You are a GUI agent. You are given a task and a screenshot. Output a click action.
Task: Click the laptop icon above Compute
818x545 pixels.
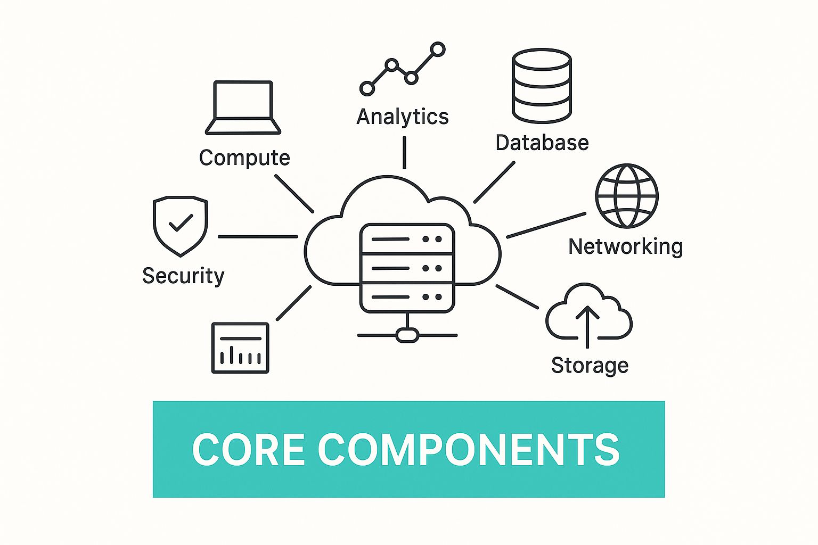243,107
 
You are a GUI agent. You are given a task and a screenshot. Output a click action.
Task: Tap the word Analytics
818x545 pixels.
403,117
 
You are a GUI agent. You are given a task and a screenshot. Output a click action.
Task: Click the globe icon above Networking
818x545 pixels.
627,196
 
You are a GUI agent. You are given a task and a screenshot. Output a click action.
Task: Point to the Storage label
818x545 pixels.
590,366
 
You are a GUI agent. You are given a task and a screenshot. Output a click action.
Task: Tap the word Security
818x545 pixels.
183,276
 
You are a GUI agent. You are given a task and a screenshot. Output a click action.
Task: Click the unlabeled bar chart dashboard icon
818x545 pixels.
240,348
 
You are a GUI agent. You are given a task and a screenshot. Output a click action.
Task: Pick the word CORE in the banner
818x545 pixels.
248,450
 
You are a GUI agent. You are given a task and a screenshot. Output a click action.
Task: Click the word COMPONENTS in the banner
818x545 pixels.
469,450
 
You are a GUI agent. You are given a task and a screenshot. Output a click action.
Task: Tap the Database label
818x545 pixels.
542,143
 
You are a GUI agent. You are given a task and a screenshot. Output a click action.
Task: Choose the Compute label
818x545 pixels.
244,158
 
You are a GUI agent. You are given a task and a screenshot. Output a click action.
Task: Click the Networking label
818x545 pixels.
625,246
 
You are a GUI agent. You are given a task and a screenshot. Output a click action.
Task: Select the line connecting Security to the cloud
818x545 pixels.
258,236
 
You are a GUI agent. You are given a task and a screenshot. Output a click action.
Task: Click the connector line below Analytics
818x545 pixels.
404,152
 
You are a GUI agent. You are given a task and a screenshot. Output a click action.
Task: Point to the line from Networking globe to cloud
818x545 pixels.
546,225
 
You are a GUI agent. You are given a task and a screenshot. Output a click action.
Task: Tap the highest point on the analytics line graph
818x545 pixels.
438,49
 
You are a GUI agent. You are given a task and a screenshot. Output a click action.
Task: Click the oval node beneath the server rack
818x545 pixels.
407,335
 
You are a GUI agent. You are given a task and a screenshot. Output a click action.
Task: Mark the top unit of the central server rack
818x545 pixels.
407,239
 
